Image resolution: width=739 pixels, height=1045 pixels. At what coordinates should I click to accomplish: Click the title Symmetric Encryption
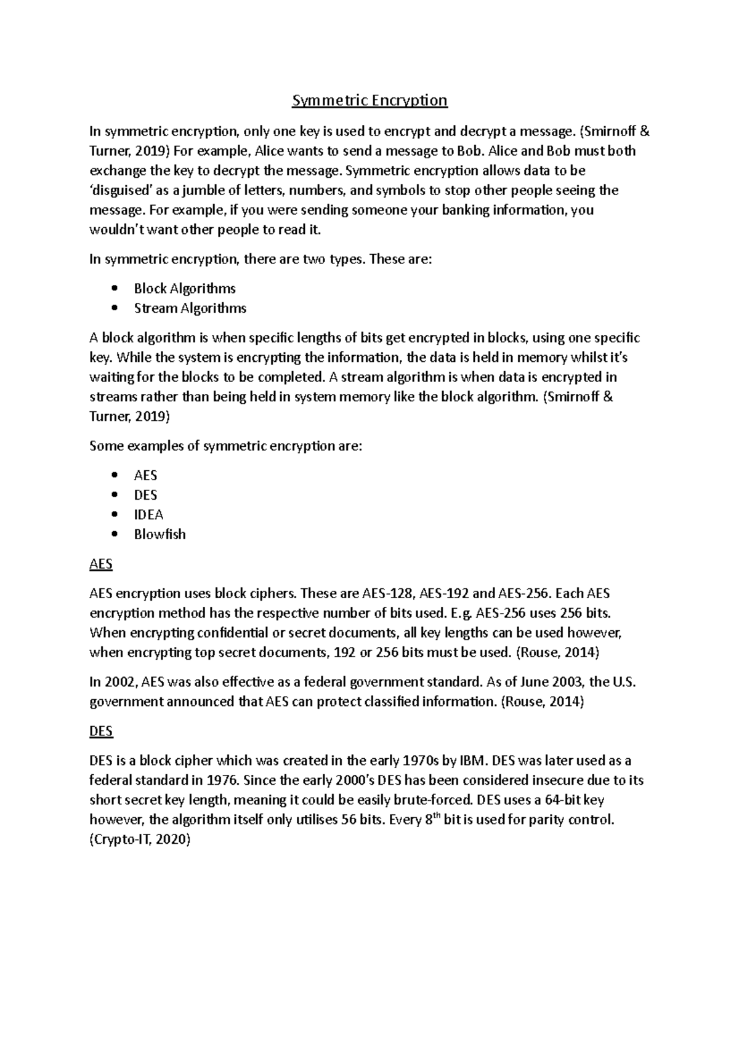(369, 100)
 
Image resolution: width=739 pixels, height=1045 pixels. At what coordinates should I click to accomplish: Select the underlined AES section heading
(101, 564)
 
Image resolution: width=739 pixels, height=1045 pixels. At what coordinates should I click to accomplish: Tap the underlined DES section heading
(101, 731)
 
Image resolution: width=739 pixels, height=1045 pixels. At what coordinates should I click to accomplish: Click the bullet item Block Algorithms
(185, 289)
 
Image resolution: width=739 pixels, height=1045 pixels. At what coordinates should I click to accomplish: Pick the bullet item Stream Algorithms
(190, 308)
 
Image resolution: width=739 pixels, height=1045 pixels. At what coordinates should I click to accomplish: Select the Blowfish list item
(160, 534)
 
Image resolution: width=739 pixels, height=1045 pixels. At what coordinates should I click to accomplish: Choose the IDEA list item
(148, 514)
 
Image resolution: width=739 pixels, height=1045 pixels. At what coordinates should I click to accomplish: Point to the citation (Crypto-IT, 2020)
(140, 839)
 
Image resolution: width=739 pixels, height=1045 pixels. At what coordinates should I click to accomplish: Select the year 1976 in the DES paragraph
(223, 780)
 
